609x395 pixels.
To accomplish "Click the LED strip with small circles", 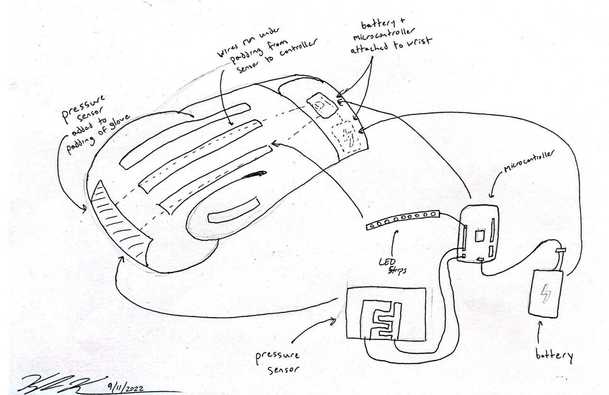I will (x=403, y=221).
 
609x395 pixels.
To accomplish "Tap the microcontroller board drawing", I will (x=479, y=233).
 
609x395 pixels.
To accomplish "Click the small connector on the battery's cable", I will (x=560, y=250).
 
